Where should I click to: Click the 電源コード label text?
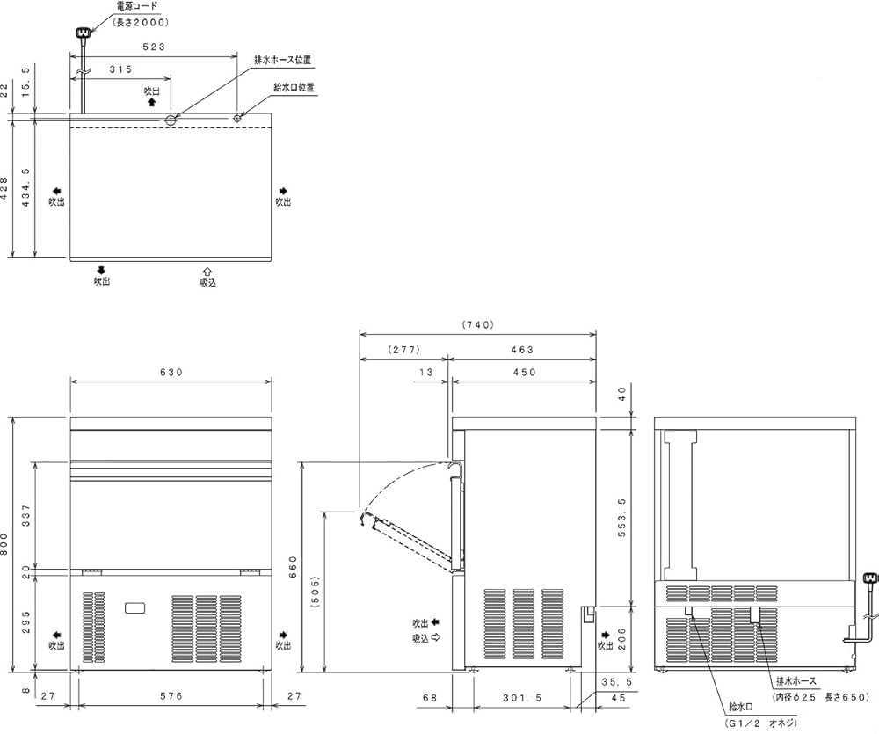pos(137,7)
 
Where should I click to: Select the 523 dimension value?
pos(154,47)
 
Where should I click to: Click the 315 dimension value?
pos(120,69)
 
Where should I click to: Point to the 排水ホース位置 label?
pos(282,60)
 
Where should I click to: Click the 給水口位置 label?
pos(294,88)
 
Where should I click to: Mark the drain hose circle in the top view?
pos(171,120)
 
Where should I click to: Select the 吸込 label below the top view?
pos(207,282)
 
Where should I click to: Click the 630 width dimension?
pos(171,373)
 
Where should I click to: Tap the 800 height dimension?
pos(4,544)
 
